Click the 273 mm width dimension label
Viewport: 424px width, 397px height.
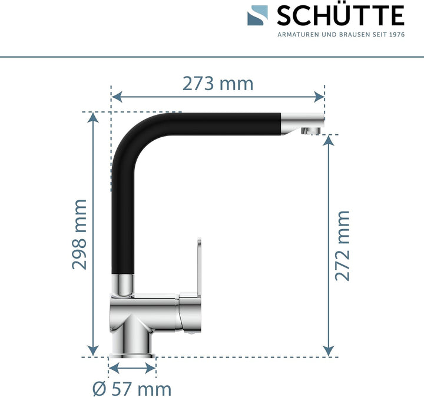[217, 84]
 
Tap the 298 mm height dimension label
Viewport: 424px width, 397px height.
[79, 234]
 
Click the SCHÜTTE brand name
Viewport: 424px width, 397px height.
[340, 15]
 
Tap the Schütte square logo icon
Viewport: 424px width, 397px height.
[258, 16]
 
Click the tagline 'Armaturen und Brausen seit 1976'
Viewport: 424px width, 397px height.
[340, 35]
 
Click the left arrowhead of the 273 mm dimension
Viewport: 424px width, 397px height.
[116, 96]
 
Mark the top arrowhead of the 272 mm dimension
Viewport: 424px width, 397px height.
[330, 139]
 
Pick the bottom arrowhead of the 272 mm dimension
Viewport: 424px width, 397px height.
[330, 352]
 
